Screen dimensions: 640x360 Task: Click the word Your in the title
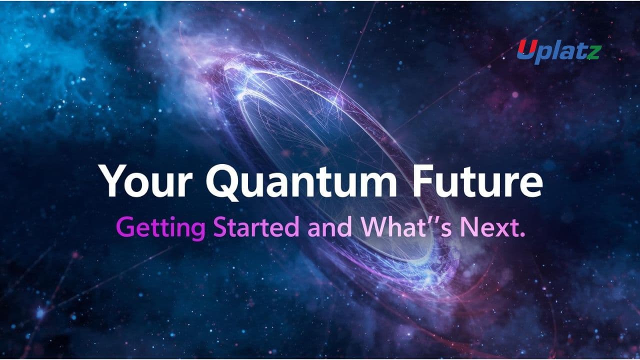(145, 180)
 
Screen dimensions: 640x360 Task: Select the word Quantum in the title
(301, 182)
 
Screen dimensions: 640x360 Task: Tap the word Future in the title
(477, 180)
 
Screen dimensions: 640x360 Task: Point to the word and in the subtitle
(329, 227)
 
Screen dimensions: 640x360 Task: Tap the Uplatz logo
(559, 51)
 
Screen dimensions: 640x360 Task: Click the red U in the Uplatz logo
(525, 49)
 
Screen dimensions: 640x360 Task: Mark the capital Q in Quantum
(222, 183)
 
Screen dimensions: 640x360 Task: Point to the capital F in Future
(423, 181)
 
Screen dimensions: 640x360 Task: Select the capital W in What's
(374, 227)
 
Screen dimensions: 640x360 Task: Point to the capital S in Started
(219, 227)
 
